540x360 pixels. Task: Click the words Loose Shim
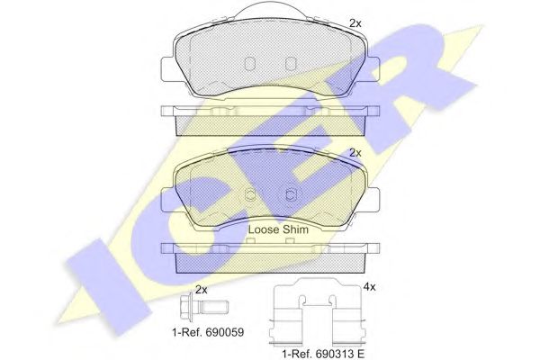278,229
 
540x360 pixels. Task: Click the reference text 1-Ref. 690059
208,332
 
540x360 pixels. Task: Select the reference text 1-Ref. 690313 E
323,354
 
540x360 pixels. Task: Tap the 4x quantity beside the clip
369,287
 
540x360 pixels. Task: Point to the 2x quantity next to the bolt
202,290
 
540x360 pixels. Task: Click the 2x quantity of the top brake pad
355,23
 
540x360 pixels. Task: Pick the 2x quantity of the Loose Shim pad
355,153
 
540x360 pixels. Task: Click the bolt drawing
204,307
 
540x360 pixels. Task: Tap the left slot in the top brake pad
249,63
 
